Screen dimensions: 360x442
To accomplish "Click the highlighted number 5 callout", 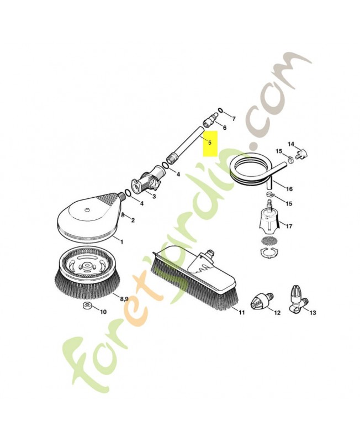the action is [x=210, y=143].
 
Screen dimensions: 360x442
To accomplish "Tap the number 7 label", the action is [x=234, y=119].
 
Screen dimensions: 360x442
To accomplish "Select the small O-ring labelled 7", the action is [x=220, y=110].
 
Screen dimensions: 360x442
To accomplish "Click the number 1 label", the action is [x=121, y=241].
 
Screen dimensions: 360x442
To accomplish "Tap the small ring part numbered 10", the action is [x=86, y=306].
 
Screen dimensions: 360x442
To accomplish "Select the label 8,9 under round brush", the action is [x=124, y=299].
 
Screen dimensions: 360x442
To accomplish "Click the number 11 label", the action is [x=242, y=312].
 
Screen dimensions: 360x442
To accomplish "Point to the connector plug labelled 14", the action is [x=301, y=154].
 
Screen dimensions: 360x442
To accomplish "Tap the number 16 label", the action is [x=289, y=189].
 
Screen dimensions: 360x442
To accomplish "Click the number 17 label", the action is [x=288, y=226].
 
